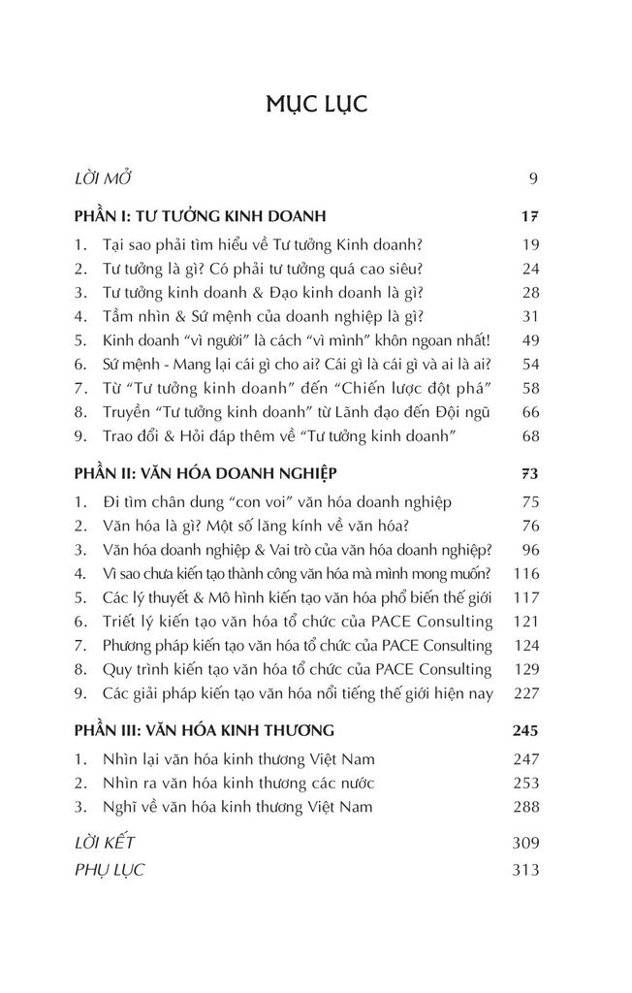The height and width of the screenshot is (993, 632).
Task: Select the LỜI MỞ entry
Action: (103, 178)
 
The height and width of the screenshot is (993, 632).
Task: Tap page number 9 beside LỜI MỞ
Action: (533, 178)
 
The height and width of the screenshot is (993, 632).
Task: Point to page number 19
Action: (529, 244)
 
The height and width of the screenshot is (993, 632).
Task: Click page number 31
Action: (529, 315)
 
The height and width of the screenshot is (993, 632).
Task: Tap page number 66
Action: (529, 409)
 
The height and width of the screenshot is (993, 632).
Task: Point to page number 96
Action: (529, 550)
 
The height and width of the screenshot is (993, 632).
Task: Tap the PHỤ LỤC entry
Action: (109, 869)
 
